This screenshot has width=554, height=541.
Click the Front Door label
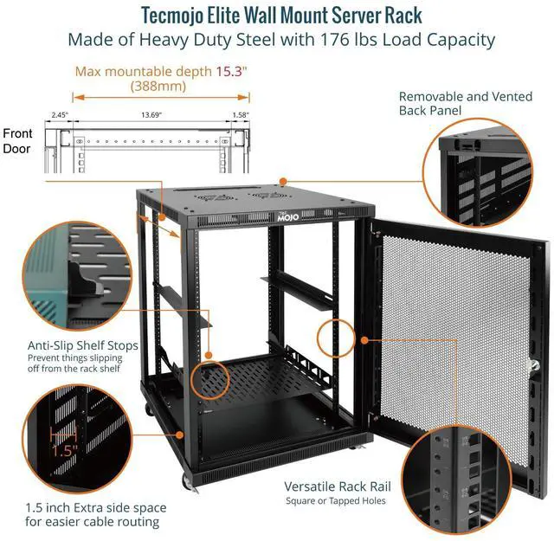coord(17,140)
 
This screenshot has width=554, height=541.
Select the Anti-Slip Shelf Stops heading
coord(81,345)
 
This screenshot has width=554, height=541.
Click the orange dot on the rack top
coord(282,181)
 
